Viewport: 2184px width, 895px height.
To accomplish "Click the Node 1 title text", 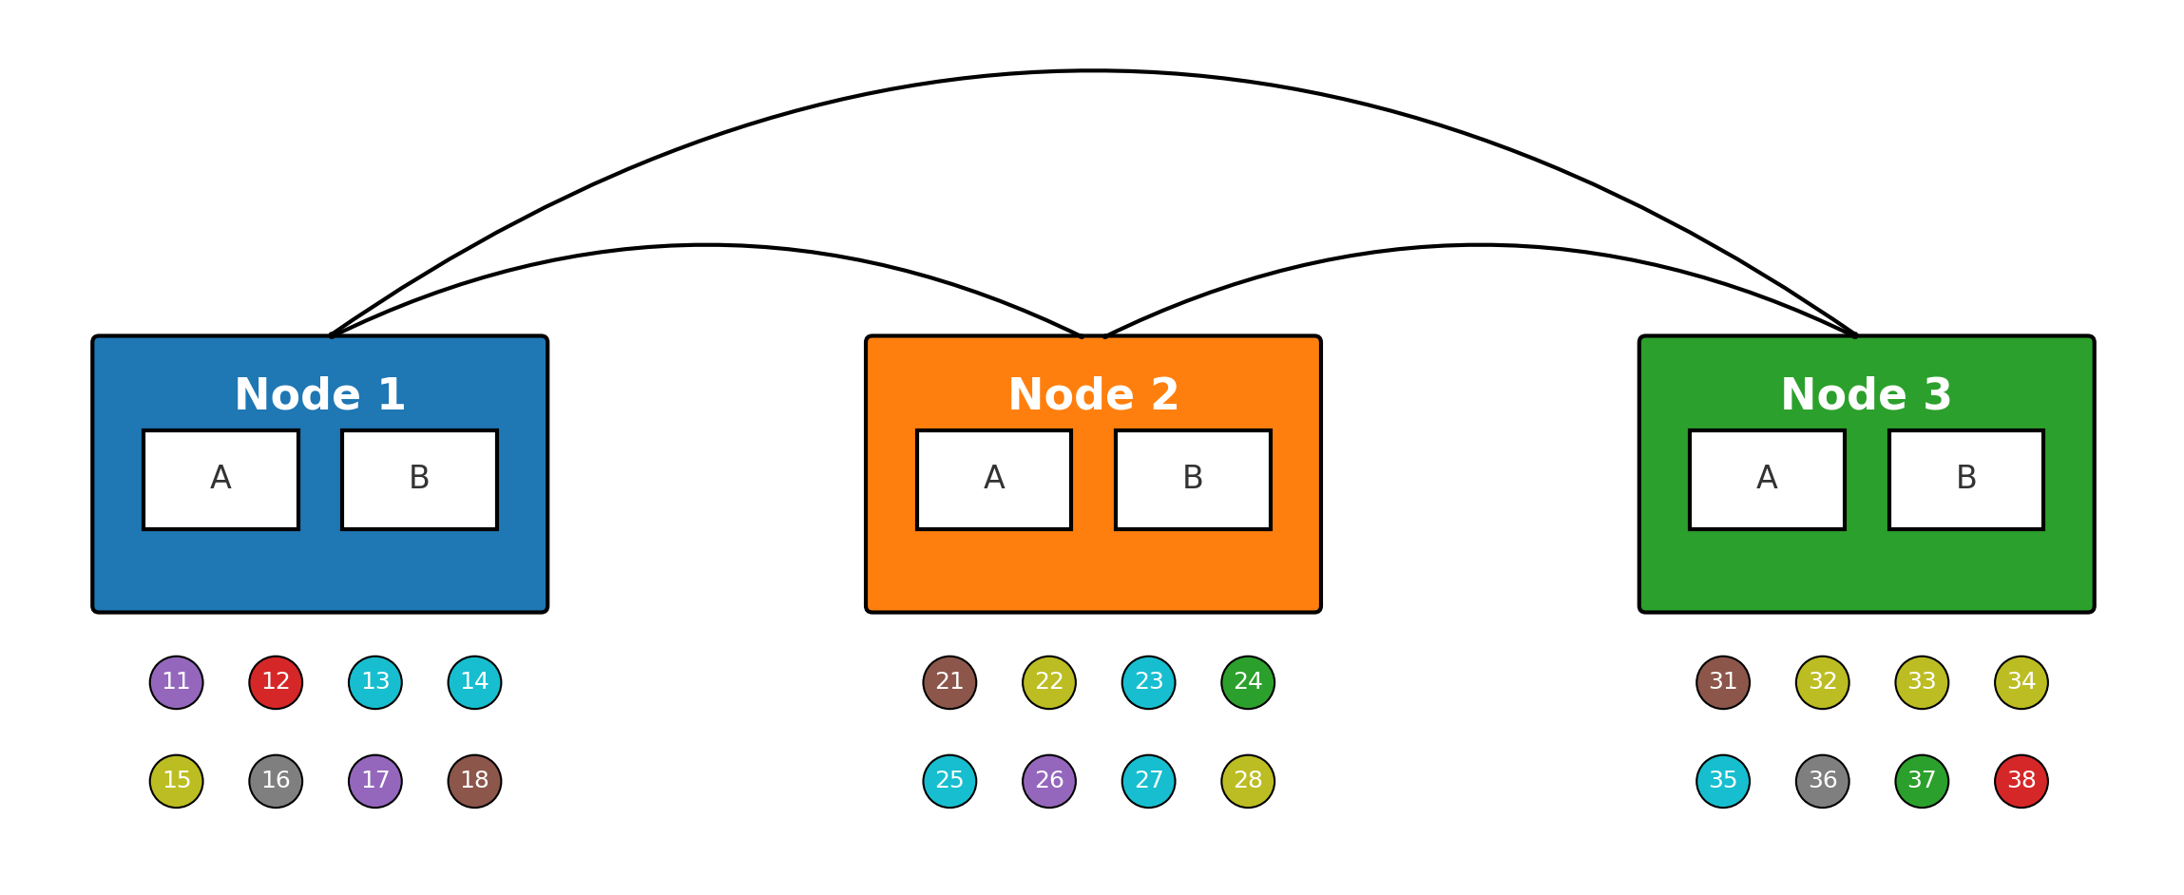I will (319, 394).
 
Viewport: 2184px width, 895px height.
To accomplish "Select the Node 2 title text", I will (1093, 394).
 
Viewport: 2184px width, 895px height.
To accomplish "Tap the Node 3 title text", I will (1866, 394).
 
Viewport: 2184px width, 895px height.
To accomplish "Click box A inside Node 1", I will (220, 479).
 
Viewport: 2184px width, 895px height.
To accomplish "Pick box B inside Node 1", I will (419, 479).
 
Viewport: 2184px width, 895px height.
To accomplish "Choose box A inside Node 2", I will (994, 479).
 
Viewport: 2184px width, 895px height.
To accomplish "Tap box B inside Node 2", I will (1193, 479).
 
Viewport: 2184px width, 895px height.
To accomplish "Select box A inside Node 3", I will (1767, 479).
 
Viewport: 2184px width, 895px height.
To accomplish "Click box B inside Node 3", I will (1965, 479).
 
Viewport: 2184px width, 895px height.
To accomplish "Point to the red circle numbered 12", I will (276, 682).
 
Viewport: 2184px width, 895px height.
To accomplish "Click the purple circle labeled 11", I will (177, 682).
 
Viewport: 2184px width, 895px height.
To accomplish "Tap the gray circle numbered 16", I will (276, 781).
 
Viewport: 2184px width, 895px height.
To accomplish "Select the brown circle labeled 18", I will (474, 781).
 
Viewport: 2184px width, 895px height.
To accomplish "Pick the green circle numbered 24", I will (1248, 682).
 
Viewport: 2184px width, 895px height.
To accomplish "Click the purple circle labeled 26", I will (1049, 781).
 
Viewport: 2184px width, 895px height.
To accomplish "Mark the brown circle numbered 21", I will (949, 682).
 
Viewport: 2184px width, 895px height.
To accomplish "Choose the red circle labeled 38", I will (2021, 781).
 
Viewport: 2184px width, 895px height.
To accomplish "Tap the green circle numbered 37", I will (1922, 781).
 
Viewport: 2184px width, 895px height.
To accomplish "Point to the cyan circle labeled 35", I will (1723, 781).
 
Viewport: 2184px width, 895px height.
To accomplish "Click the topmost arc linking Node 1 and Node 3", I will (1093, 71).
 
